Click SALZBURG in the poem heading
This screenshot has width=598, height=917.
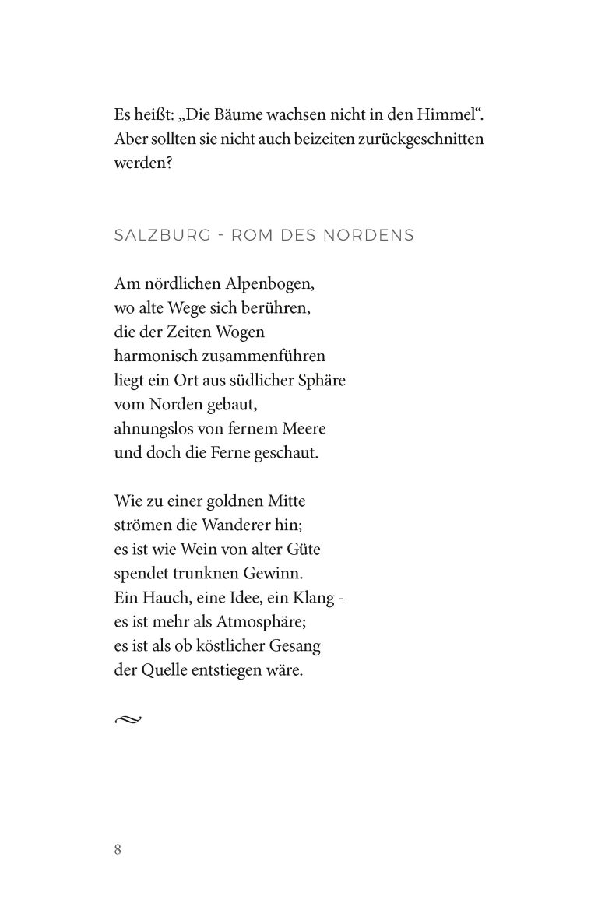(x=162, y=234)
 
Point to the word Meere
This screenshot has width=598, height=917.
(x=301, y=429)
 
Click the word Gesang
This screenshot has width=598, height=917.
(x=297, y=646)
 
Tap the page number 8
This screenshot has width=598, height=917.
(x=118, y=848)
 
